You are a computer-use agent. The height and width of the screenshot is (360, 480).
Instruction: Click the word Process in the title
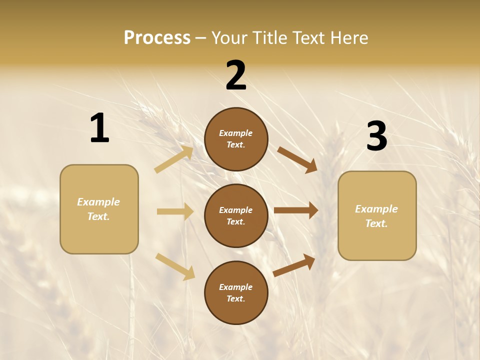click(157, 38)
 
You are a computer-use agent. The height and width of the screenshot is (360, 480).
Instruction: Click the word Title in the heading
click(269, 38)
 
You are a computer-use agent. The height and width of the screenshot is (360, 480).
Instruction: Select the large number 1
click(99, 128)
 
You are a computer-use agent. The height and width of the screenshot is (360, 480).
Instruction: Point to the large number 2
click(236, 75)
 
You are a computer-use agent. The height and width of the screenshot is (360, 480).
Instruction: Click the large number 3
click(376, 136)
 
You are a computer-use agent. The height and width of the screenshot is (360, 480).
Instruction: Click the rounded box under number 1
click(99, 209)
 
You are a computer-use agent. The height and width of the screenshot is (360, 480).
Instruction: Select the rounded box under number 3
click(377, 216)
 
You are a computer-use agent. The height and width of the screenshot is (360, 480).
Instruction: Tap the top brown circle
click(236, 139)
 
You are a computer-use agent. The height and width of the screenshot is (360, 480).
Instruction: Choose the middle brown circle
click(236, 216)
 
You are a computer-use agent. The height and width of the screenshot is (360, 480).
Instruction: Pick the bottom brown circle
click(236, 293)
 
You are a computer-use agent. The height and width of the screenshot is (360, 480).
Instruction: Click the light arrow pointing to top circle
click(174, 159)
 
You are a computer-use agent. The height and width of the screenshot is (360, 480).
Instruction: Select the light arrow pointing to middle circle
click(175, 211)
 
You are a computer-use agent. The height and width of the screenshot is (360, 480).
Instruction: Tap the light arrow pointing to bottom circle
click(175, 266)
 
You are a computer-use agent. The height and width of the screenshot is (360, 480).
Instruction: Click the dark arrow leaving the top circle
click(297, 159)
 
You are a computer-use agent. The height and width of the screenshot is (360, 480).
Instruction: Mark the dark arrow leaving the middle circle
click(296, 210)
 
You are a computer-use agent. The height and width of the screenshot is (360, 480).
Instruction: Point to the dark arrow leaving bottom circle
click(294, 265)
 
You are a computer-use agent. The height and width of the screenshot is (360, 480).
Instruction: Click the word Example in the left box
click(98, 202)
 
